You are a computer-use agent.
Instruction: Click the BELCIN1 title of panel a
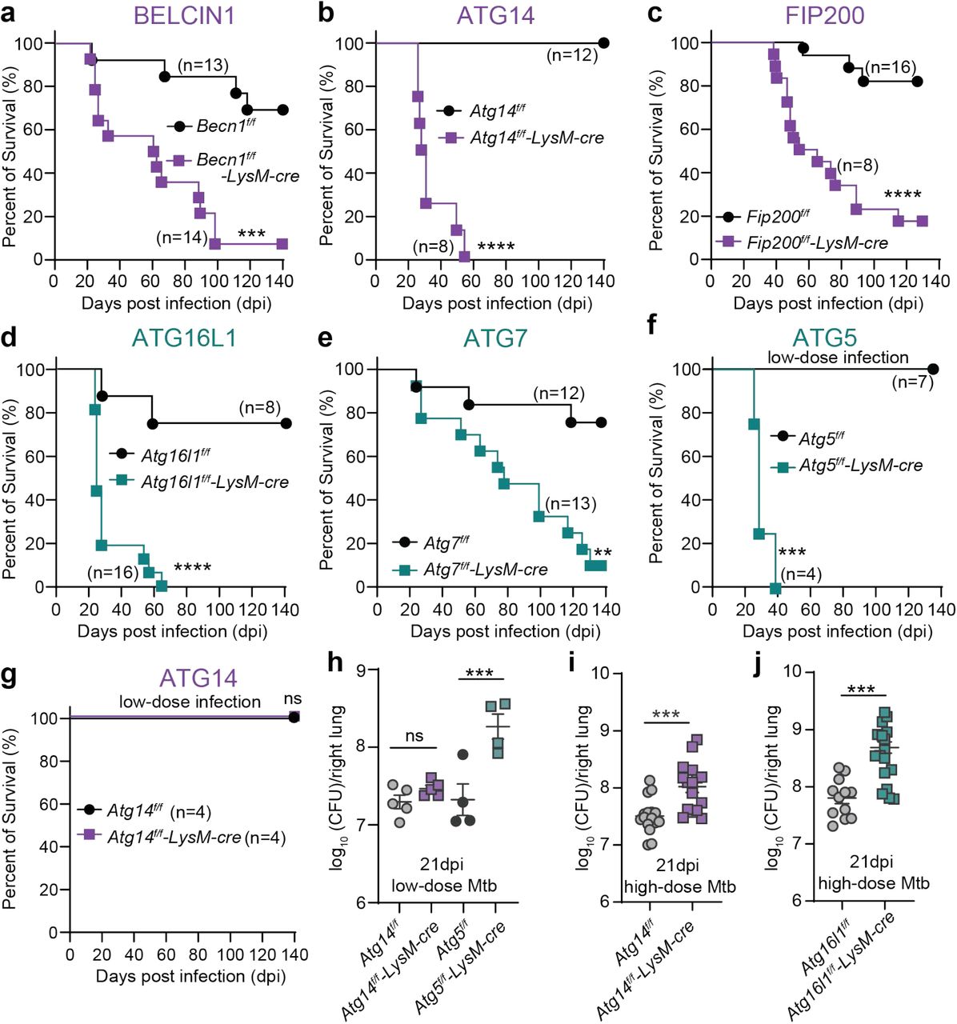coord(184,15)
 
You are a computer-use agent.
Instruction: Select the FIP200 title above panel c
coord(824,15)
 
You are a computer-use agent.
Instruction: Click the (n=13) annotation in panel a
coord(203,66)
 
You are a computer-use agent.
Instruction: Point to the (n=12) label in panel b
coord(572,56)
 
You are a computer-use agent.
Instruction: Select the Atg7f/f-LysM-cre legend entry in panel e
coord(485,570)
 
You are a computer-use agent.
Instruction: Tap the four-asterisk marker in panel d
coord(192,569)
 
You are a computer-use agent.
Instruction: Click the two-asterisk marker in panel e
coord(603,553)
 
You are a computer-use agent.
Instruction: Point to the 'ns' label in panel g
coord(293,700)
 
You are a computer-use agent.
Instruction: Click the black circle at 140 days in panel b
coord(603,43)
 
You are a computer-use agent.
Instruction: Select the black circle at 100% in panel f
coord(932,369)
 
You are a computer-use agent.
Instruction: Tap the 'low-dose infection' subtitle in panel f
coord(838,357)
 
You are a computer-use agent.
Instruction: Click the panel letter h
coord(336,663)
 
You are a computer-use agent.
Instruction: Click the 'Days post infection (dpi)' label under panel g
coord(190,976)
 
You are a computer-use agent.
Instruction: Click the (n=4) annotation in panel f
coord(801,574)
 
